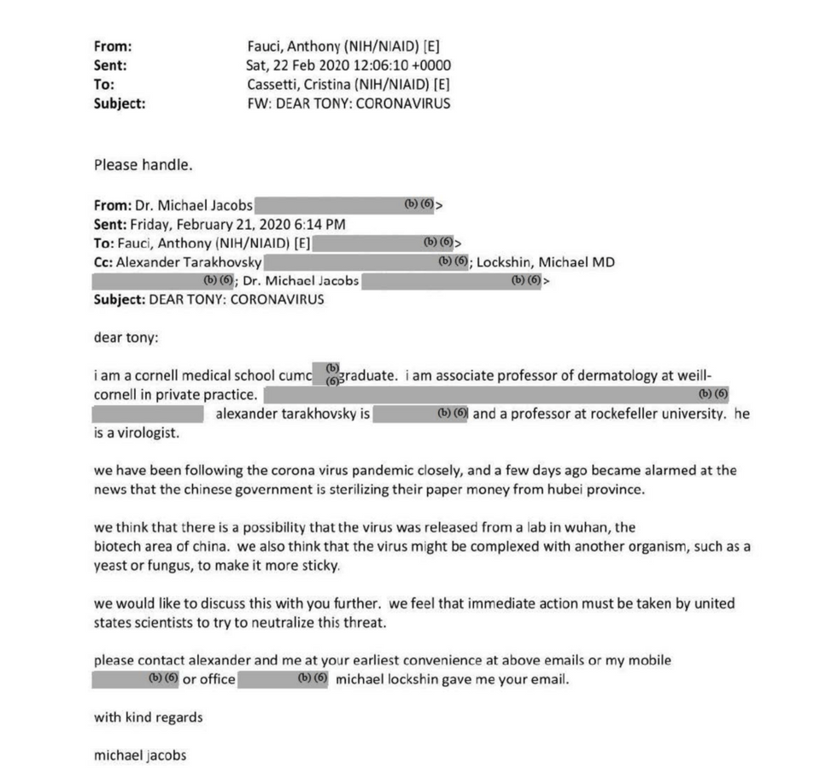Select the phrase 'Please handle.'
coord(137,164)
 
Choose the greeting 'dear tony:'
coord(126,337)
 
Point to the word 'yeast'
coord(111,565)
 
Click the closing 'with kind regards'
coord(149,717)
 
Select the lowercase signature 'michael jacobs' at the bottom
coord(140,755)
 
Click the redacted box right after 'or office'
coord(283,679)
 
